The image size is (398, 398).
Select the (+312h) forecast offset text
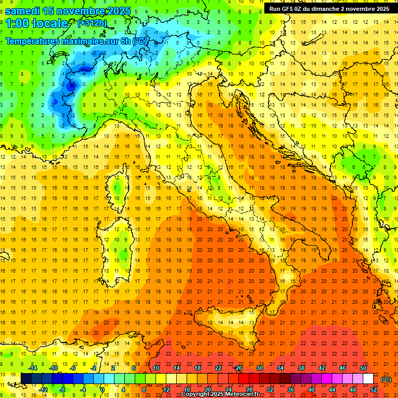click(92, 23)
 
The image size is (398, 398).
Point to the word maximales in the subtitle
click(76, 41)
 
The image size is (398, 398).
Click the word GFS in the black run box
click(287, 9)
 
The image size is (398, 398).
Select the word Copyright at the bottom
click(196, 394)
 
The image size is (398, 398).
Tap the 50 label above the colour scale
click(364, 368)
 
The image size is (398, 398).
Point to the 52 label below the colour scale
click(374, 390)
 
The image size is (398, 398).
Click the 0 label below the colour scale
click(102, 390)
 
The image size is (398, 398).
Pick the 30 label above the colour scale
click(260, 368)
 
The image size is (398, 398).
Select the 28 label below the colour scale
click(249, 390)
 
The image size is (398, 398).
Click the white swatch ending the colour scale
click(368, 378)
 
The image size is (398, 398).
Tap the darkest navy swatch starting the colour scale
click(26, 378)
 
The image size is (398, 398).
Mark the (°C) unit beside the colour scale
click(386, 379)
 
